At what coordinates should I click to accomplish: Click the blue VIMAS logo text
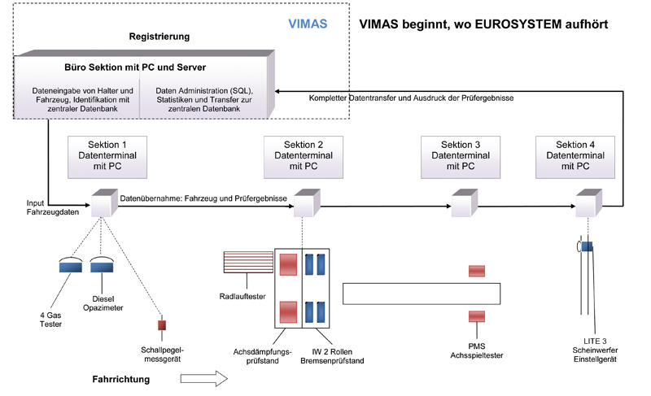point(310,24)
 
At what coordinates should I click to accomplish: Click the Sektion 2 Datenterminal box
point(308,156)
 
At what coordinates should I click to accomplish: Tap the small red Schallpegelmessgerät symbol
point(161,325)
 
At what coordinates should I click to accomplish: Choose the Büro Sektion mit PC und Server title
point(146,65)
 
